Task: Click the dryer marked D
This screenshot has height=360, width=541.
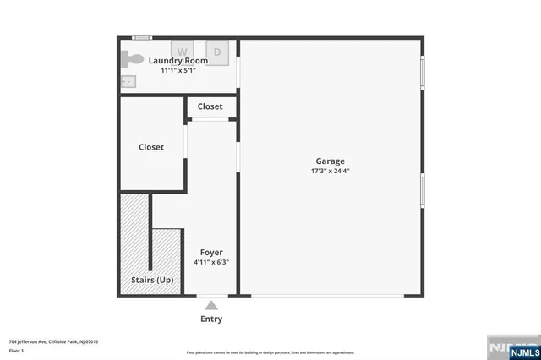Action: (x=216, y=52)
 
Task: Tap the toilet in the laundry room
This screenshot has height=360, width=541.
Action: (x=131, y=59)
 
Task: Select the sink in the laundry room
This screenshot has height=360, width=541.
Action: (x=128, y=81)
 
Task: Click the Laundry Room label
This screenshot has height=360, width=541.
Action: (x=178, y=61)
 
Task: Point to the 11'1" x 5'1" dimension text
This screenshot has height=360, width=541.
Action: (x=178, y=71)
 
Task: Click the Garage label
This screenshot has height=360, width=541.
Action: (x=330, y=161)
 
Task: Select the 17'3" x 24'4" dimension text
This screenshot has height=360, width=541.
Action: (x=330, y=172)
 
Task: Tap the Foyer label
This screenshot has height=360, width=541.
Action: (x=210, y=253)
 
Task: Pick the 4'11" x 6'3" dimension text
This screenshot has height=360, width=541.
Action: (x=210, y=263)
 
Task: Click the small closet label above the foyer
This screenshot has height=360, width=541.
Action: (x=210, y=106)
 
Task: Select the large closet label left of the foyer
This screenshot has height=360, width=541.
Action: (x=151, y=147)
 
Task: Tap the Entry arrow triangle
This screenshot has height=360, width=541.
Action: (x=211, y=305)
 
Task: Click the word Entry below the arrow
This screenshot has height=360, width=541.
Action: (x=211, y=319)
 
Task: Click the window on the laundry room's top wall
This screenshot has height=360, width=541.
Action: (x=143, y=38)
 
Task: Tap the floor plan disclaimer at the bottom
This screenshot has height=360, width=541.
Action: (x=270, y=352)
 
